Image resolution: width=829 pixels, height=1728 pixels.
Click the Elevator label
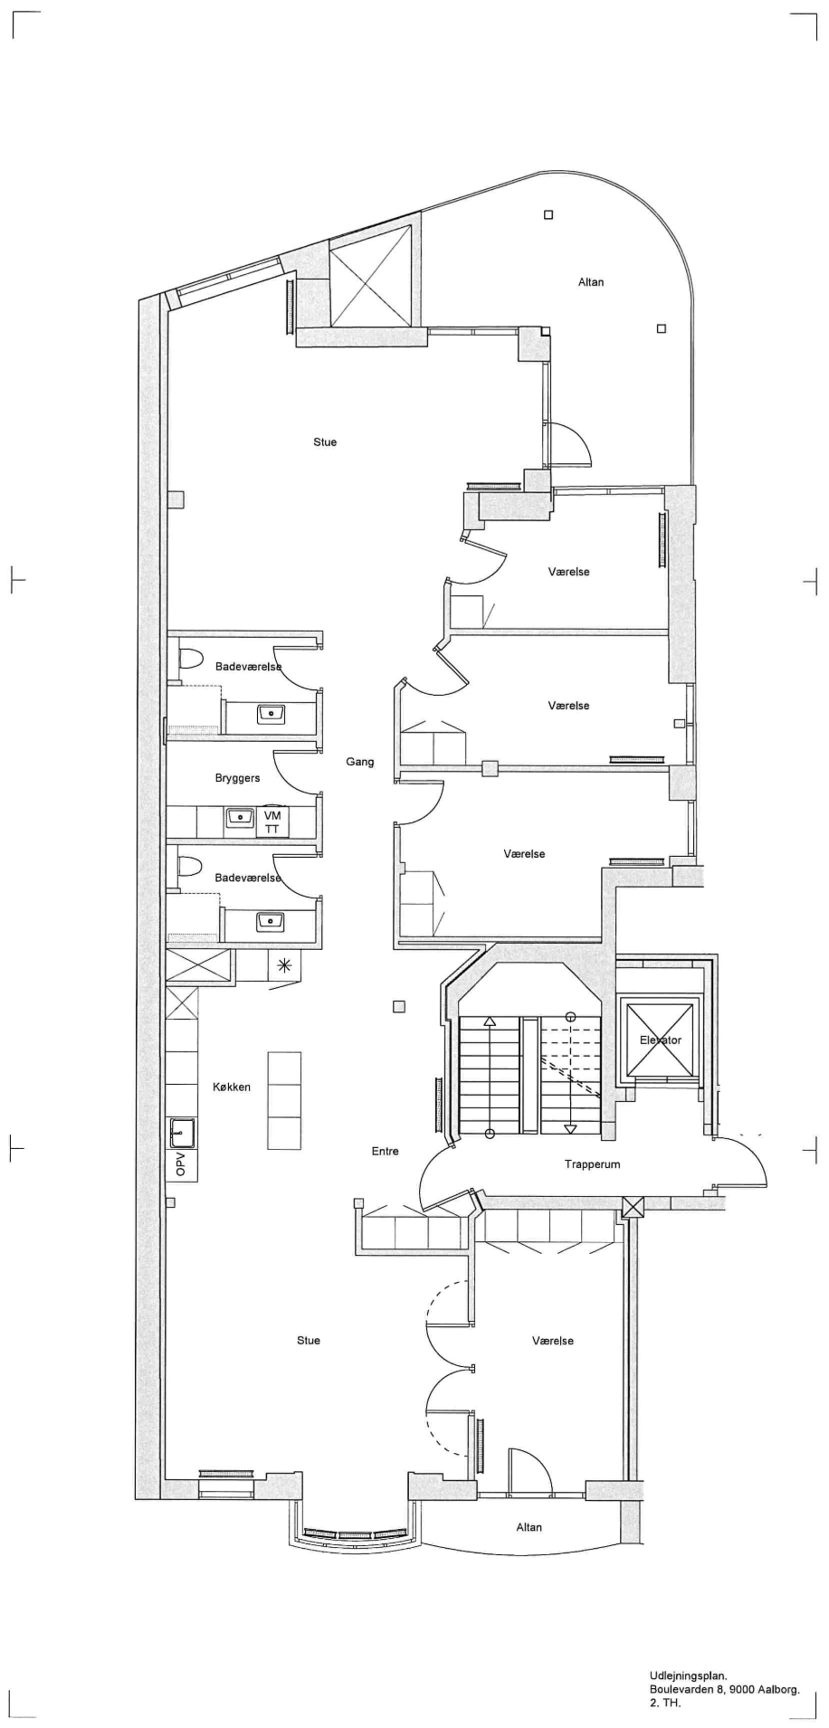tap(660, 1040)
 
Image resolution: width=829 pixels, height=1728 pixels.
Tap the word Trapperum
tap(592, 1164)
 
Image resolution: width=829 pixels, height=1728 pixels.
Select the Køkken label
tap(232, 1087)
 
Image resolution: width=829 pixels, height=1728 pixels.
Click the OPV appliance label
tap(180, 1164)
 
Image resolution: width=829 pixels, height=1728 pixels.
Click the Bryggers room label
tap(237, 778)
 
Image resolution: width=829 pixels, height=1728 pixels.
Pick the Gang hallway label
tap(359, 762)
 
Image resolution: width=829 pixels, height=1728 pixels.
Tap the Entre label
tap(385, 1152)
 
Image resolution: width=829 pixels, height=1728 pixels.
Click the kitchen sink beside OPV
tap(181, 1132)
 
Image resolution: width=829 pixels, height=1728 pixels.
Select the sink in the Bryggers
tap(240, 818)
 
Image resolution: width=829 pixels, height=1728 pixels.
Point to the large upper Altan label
tap(591, 282)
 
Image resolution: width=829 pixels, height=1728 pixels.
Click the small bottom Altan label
tap(529, 1527)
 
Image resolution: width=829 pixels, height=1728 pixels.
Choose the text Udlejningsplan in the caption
tap(688, 1676)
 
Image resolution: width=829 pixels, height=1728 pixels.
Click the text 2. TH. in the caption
tap(664, 1703)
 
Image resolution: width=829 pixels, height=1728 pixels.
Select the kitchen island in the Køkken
tap(284, 1101)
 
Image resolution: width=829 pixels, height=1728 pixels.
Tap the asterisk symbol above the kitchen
tap(285, 965)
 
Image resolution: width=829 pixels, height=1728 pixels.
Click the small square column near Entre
tap(399, 1007)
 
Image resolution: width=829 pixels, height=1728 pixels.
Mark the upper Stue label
tap(325, 441)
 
